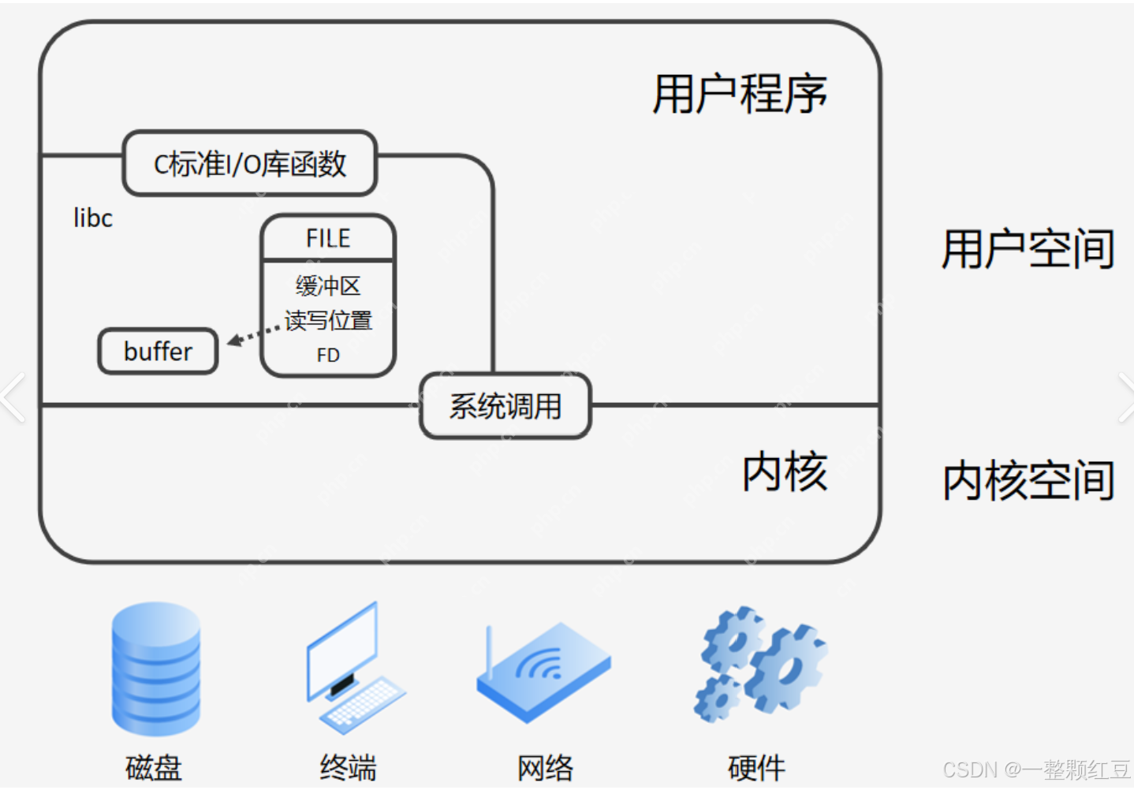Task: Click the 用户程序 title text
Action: pos(739,95)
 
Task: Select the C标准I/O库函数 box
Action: pos(249,164)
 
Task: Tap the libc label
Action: pos(93,218)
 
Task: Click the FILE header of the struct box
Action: pos(328,238)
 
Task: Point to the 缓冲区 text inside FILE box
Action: pos(328,285)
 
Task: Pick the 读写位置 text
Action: pos(329,320)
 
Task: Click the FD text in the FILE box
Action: pos(328,356)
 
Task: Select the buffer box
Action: pos(158,352)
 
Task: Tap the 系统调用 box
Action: pos(505,407)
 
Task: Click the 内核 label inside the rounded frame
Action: pos(784,472)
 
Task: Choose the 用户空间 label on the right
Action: pos(1028,249)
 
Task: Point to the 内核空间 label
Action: pos(1028,480)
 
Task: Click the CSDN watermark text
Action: pos(1035,770)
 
